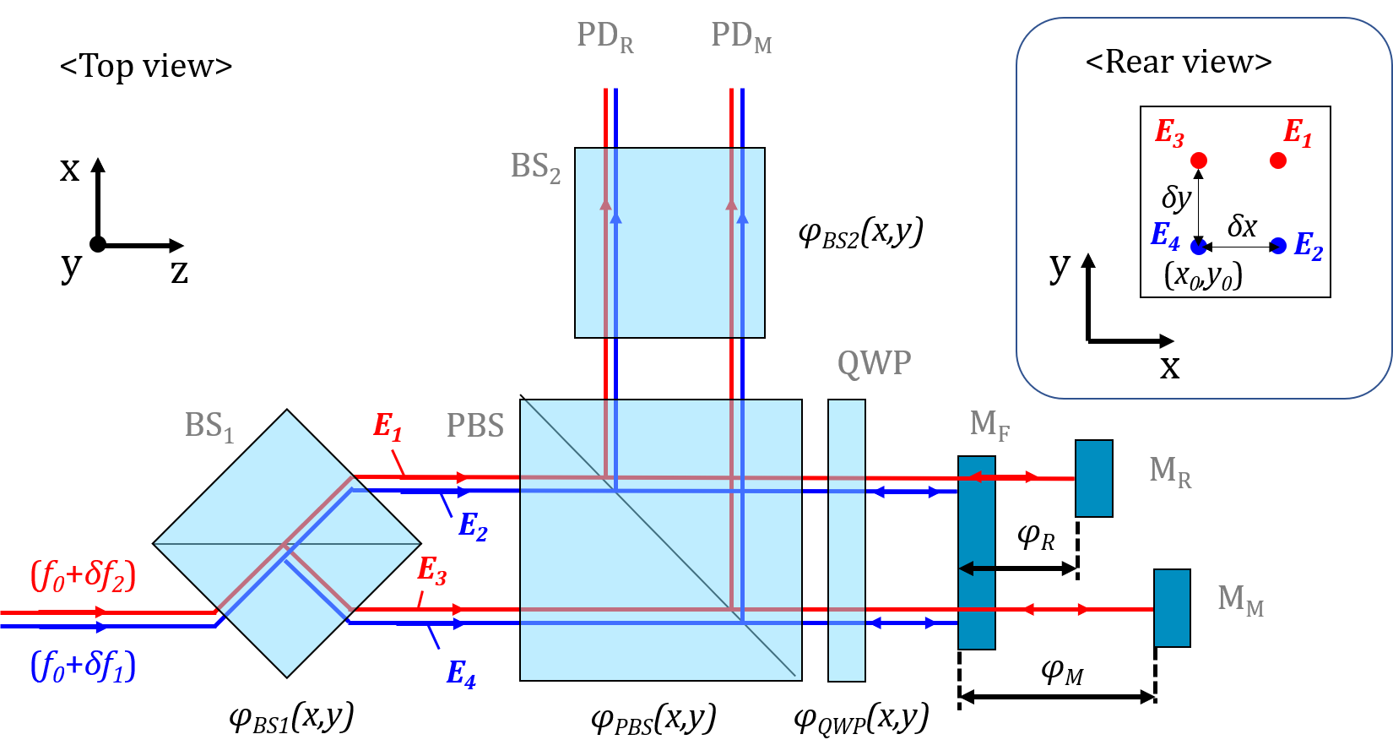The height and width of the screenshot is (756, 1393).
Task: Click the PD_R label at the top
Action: pos(604,37)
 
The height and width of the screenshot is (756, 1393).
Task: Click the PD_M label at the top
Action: pos(740,37)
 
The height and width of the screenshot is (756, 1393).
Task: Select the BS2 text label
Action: pos(535,167)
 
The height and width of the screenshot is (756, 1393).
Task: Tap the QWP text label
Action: pos(874,363)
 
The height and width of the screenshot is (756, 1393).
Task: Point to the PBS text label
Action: pos(474,426)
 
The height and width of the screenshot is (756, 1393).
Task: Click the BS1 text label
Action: pos(208,427)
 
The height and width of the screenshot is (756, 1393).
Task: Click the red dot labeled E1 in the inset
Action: pos(1278,160)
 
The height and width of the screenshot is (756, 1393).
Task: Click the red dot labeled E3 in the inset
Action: pos(1199,160)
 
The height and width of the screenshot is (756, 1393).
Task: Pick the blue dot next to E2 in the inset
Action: pos(1279,246)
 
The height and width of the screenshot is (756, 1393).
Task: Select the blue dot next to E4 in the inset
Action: pos(1198,246)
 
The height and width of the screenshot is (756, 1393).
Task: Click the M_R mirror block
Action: pos(1093,478)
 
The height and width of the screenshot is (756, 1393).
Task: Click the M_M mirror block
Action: pos(1172,608)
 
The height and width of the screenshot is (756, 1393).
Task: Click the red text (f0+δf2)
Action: pos(83,576)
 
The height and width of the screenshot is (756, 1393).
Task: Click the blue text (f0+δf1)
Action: pos(83,666)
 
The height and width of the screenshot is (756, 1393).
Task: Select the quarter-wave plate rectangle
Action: pos(846,541)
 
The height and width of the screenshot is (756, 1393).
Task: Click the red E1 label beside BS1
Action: pos(388,427)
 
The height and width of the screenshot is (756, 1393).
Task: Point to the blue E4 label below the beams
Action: pos(460,673)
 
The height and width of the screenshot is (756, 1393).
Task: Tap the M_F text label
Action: pos(989,424)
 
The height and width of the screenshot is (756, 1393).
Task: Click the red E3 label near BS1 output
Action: pos(431,571)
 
